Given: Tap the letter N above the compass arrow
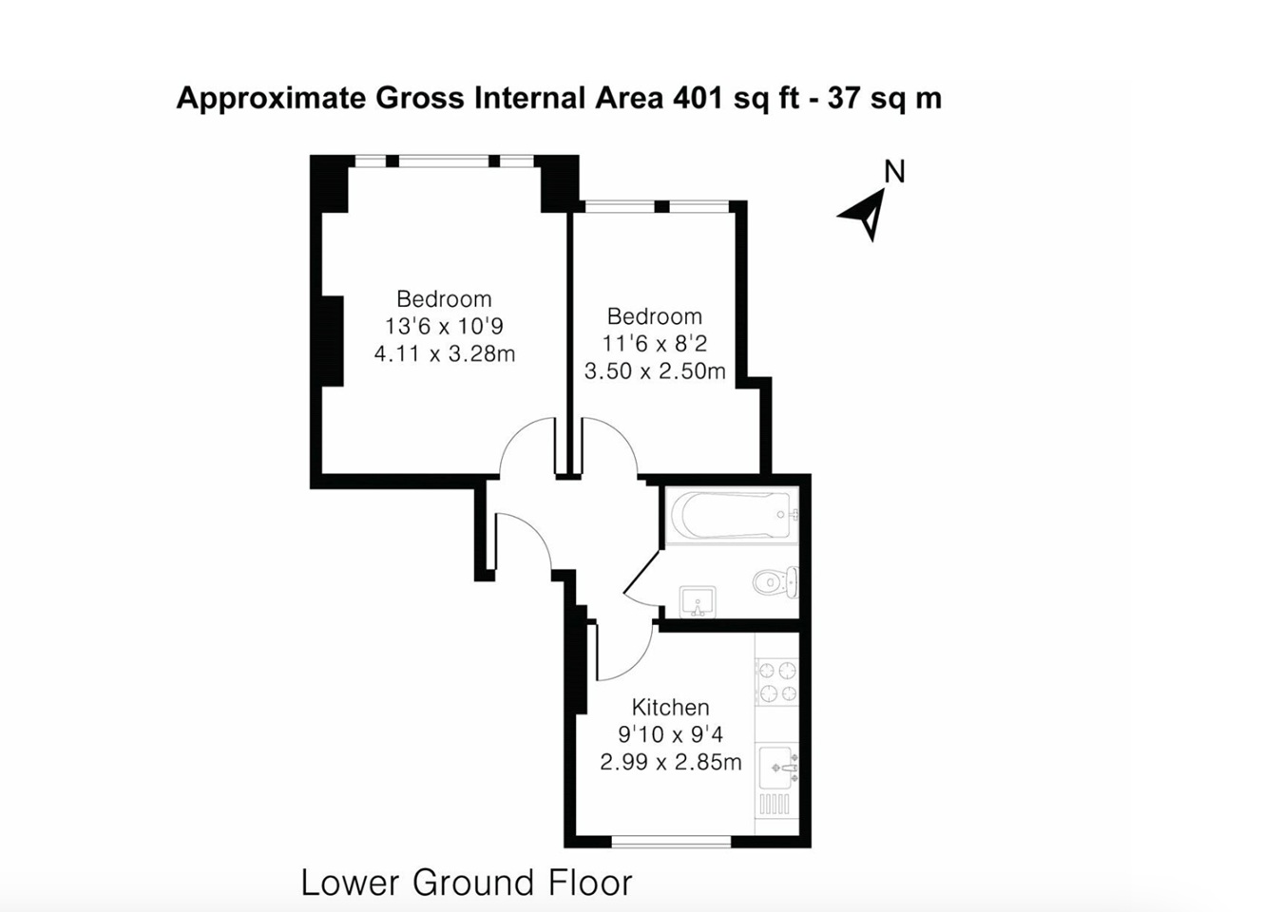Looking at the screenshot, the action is (x=895, y=171).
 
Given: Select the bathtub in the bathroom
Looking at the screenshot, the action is (x=732, y=515).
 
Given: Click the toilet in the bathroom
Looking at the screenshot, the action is (x=775, y=582).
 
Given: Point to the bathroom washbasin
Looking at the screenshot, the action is (x=698, y=602).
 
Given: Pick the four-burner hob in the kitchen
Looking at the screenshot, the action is (x=777, y=681).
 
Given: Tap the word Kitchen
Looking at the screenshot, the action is (x=670, y=707).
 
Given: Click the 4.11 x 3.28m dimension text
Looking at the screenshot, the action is (x=445, y=354).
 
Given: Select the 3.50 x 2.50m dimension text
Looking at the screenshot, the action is (x=655, y=371).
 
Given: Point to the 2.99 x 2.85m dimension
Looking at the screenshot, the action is (x=670, y=762).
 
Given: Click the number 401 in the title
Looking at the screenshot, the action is (x=698, y=98).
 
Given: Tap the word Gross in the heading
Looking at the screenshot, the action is (x=420, y=98).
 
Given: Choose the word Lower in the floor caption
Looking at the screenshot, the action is (x=351, y=883).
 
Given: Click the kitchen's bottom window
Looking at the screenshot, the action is (x=671, y=842).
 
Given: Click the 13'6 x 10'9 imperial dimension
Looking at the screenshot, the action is (x=445, y=326).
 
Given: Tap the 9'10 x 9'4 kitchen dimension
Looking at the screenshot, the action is (x=670, y=734).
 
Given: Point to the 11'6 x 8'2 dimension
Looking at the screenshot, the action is (x=655, y=343).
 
